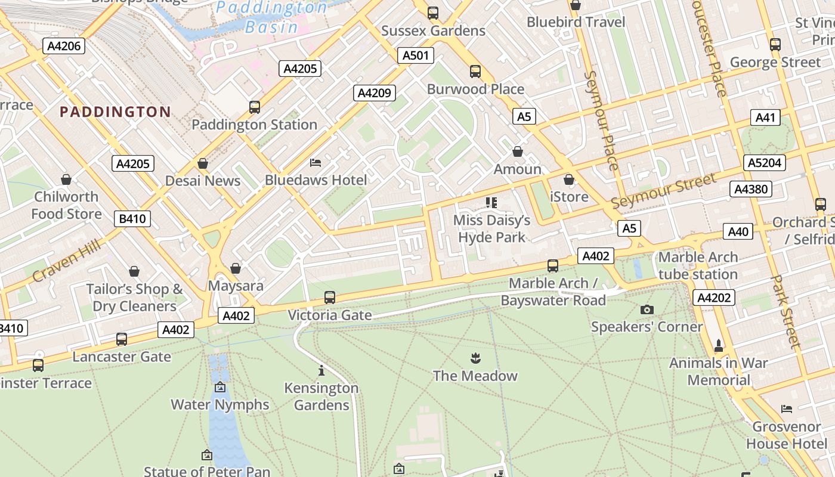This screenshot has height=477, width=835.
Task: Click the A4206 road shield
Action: (63, 46)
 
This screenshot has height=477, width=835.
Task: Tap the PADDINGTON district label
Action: (115, 112)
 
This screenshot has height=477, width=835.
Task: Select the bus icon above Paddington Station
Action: (255, 107)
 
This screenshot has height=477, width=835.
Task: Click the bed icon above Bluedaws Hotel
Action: (316, 162)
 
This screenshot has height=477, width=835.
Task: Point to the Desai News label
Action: (203, 181)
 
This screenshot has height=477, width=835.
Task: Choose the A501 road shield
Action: (415, 55)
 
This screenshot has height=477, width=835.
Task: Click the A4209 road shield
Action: (375, 92)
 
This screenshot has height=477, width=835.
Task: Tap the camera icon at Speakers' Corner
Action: (647, 309)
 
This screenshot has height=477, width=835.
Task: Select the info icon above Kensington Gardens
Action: (321, 370)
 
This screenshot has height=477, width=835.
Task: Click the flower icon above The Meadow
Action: (475, 358)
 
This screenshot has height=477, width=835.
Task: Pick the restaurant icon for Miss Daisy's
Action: (491, 203)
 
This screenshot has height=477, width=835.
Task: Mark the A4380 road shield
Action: (751, 189)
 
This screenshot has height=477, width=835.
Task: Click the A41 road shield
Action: (765, 117)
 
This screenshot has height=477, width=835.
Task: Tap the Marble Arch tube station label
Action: (698, 266)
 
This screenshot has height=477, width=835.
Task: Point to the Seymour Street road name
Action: (663, 191)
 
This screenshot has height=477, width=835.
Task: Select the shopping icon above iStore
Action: (569, 179)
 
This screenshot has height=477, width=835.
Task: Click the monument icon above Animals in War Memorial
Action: (719, 345)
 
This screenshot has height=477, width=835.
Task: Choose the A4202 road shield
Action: (713, 298)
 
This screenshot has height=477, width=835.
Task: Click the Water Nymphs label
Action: (220, 404)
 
